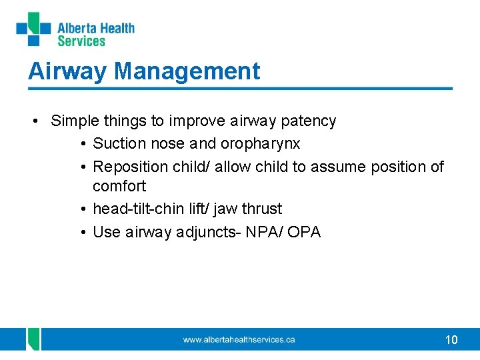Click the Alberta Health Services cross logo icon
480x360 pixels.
pos(33,30)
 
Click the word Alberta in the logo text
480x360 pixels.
pos(76,28)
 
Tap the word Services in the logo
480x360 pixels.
pos(81,41)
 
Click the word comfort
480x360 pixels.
pos(119,186)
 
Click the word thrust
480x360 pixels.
pos(262,209)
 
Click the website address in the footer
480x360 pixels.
pos(239,340)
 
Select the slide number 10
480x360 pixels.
pos(451,340)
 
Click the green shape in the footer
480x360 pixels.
pos(33,339)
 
